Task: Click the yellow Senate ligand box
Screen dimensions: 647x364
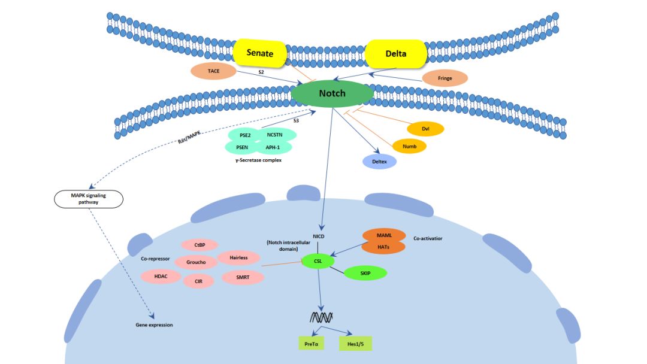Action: click(259, 53)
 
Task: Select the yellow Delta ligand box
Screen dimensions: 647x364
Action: click(396, 54)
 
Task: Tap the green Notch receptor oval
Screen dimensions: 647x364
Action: click(332, 93)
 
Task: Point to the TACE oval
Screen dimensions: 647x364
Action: click(213, 71)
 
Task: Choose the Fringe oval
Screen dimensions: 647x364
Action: click(445, 78)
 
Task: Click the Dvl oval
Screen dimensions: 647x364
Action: click(425, 129)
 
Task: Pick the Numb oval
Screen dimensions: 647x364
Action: click(409, 146)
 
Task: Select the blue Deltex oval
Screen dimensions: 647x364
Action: click(379, 162)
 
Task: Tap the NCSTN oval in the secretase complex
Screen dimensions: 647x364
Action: click(275, 135)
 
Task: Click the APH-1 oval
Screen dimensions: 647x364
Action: click(273, 147)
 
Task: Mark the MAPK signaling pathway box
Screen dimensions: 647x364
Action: click(89, 199)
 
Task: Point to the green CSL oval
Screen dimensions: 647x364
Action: click(318, 261)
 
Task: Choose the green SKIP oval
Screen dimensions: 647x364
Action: click(365, 273)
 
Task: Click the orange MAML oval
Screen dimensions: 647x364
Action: click(384, 235)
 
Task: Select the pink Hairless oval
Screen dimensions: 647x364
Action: click(238, 257)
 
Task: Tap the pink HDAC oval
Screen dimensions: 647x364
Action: click(161, 276)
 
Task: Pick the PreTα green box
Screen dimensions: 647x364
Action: click(311, 344)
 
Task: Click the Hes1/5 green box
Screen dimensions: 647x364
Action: click(355, 344)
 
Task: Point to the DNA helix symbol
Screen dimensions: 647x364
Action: click(321, 317)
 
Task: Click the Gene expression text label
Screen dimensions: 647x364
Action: click(155, 325)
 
